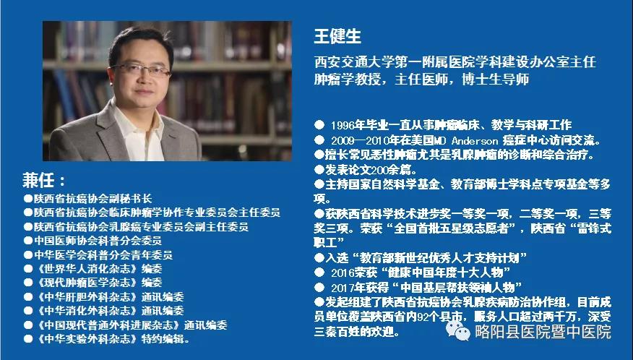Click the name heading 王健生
(337, 36)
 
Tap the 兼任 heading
(39, 180)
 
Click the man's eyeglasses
(142, 70)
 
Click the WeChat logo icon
(458, 330)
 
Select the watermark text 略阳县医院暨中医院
(543, 332)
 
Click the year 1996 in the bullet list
(343, 125)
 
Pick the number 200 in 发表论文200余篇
(382, 170)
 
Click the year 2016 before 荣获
(343, 273)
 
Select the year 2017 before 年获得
(343, 288)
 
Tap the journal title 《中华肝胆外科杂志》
(87, 297)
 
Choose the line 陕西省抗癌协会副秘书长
(92, 198)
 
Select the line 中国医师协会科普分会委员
(98, 241)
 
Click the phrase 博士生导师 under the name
(495, 79)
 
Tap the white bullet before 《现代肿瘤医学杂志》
(28, 283)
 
